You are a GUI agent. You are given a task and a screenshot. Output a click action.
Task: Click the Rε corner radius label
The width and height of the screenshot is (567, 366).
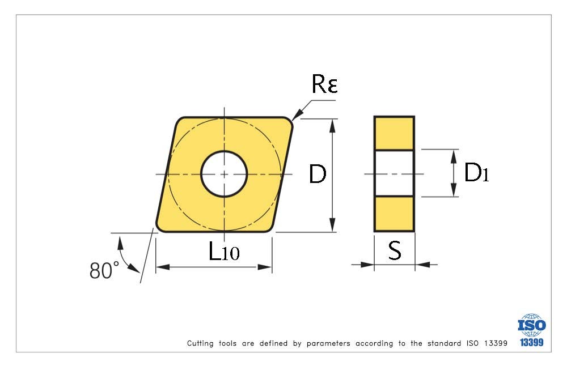click(324, 84)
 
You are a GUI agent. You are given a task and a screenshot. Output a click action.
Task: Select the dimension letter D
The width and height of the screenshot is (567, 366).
click(318, 175)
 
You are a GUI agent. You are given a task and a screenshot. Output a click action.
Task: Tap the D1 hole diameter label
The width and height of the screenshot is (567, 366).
click(476, 173)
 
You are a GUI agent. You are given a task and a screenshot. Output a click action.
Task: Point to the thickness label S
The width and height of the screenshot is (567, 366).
click(395, 251)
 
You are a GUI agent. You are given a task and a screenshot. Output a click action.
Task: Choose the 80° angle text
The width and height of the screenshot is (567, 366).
click(104, 270)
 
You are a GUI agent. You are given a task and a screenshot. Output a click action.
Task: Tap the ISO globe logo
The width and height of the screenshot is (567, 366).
click(531, 325)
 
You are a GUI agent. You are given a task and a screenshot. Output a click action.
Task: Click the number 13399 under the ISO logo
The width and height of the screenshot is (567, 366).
click(532, 342)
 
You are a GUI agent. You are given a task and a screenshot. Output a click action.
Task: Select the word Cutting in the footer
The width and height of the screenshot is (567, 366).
click(200, 343)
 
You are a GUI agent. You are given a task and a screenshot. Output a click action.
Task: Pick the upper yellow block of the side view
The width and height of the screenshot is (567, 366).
click(394, 133)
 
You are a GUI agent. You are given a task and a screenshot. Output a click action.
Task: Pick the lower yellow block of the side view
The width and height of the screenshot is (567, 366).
click(394, 214)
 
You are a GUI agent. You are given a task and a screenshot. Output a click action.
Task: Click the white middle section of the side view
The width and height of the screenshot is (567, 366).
click(394, 173)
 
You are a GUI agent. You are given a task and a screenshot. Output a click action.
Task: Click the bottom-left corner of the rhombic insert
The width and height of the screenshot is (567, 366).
click(160, 228)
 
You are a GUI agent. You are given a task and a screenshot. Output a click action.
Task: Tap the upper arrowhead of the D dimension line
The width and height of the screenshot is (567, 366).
click(333, 124)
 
